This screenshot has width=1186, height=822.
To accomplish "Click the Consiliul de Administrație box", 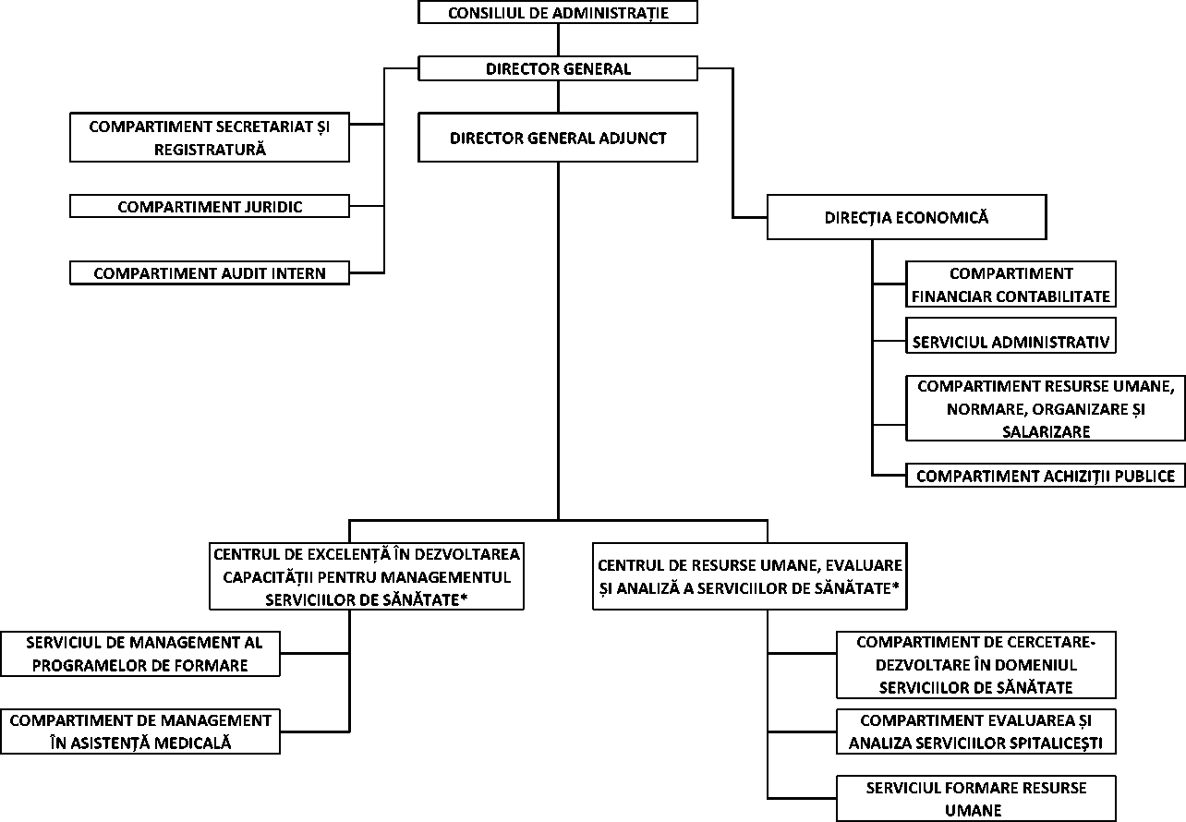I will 558,13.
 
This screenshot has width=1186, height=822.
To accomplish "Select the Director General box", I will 558,68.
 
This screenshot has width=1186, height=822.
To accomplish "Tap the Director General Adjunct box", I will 558,138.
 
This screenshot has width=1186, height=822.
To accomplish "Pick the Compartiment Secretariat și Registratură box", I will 210,138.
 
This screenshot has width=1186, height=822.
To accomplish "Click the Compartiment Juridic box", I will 210,207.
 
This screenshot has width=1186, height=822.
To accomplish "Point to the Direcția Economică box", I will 906,217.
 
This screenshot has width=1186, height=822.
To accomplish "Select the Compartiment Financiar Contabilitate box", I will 1011,284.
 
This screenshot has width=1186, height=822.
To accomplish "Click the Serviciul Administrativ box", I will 1011,342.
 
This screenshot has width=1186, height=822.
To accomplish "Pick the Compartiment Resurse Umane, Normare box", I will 1045,408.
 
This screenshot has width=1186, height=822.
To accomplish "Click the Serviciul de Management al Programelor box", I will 140,654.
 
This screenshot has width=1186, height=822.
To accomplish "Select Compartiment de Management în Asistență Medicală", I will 140,731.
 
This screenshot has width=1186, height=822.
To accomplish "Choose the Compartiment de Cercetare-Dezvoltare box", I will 975,665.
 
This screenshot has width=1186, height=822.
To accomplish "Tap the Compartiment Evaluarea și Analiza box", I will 975,731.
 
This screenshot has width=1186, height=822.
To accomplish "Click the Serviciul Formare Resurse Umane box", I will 975,799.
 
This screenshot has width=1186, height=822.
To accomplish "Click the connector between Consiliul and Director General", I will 558,40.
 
